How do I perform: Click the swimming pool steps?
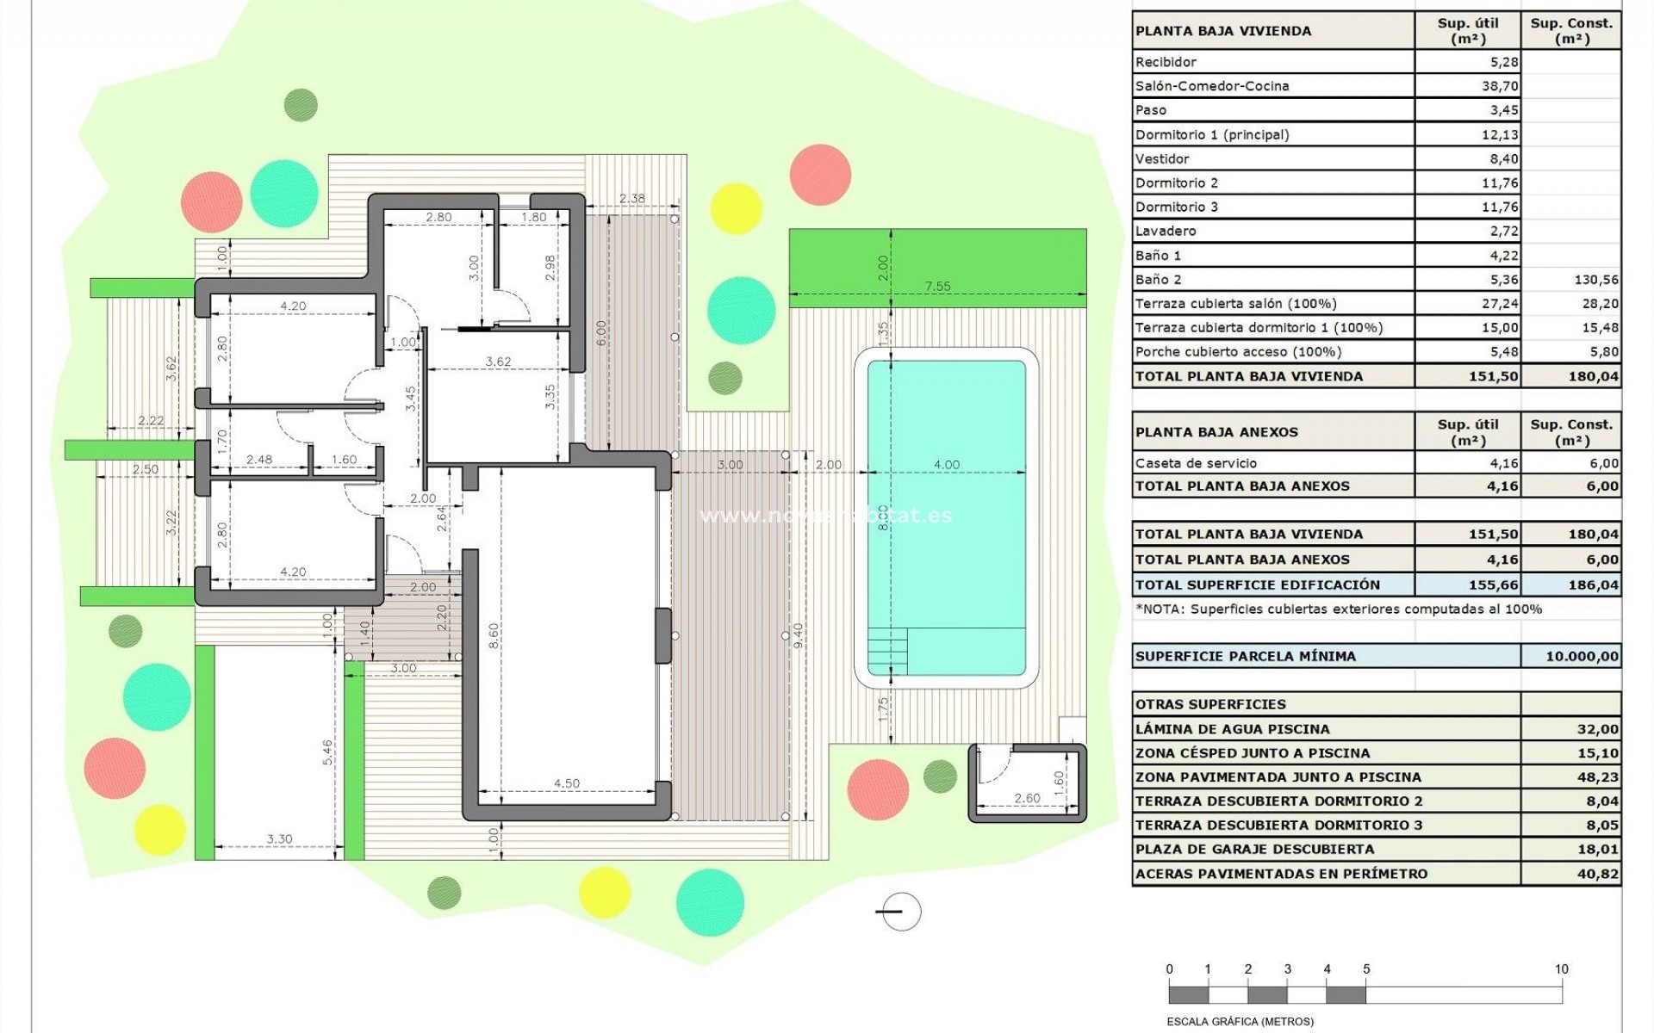(887, 652)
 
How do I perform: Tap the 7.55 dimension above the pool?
(937, 287)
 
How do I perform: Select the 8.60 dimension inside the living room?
(494, 636)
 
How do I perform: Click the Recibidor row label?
(1166, 62)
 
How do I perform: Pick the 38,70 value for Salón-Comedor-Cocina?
(1500, 86)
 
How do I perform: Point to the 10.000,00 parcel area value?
(1582, 656)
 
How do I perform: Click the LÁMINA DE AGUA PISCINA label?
(1232, 729)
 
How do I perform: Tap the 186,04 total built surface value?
(1593, 585)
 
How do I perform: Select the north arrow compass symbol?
(899, 912)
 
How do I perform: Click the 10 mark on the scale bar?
(1561, 969)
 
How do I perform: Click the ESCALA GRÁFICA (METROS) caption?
(1240, 1022)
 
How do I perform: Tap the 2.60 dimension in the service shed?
(1027, 798)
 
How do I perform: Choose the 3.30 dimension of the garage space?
(279, 838)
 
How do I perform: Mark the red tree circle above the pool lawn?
(820, 175)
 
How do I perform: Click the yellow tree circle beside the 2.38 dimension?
(737, 208)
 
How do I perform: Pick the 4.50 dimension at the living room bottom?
(566, 783)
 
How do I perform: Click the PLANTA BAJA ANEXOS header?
(1216, 432)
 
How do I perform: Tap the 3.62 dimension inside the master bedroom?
(498, 362)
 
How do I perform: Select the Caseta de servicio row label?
(1196, 463)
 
